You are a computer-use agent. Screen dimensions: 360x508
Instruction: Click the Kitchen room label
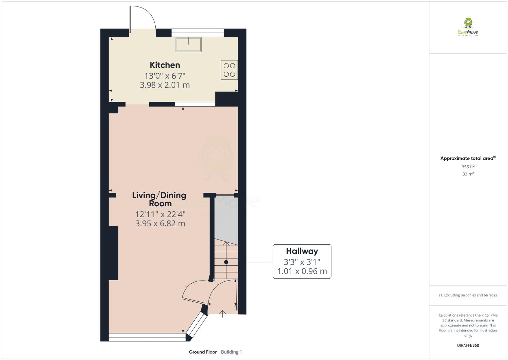point(165,65)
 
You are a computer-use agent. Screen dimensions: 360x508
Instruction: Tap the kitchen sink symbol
point(189,44)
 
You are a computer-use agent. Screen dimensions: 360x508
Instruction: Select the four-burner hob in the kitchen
point(229,70)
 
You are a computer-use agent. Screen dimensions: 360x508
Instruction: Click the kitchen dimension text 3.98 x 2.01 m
point(165,85)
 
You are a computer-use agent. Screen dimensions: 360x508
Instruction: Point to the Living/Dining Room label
point(159,199)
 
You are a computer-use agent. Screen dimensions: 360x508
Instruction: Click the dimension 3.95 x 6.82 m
point(160,223)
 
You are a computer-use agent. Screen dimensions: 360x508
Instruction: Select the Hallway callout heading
point(302,251)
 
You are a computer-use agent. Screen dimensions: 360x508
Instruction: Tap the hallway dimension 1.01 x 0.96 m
point(302,271)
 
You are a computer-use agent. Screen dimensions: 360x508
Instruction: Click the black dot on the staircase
point(226,262)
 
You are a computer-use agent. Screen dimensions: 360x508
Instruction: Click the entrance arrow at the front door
point(223,314)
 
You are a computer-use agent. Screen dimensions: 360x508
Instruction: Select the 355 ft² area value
point(468,167)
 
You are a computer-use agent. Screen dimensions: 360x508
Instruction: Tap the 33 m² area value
point(468,174)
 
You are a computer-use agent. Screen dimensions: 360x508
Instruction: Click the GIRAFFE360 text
point(468,345)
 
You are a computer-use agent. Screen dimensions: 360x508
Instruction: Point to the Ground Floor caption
point(203,352)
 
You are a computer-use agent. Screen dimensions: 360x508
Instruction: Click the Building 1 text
point(231,352)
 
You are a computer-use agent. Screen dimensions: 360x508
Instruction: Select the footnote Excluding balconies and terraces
point(468,295)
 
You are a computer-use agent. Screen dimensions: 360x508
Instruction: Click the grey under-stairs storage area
point(226,217)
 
